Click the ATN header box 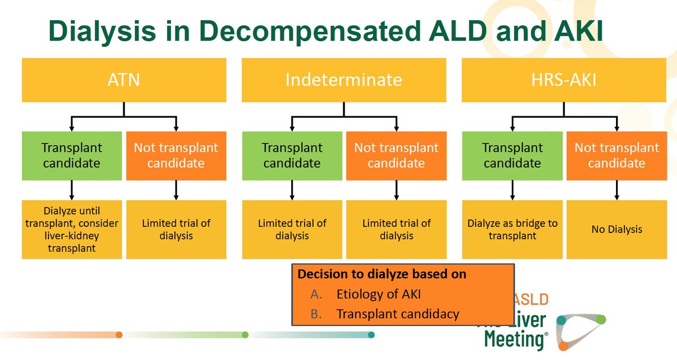(x=124, y=80)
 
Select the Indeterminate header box (x=344, y=80)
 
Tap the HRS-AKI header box (x=564, y=80)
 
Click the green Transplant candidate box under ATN (x=72, y=156)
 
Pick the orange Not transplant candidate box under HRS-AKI (x=617, y=156)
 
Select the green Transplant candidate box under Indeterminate (x=292, y=156)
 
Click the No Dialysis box (x=617, y=230)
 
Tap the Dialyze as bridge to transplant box (x=512, y=230)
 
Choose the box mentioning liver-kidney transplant (x=72, y=230)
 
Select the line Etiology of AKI (x=379, y=294)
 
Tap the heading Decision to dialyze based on (x=382, y=274)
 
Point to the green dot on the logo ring (x=601, y=319)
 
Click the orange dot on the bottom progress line (x=119, y=335)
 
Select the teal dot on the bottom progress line (x=371, y=335)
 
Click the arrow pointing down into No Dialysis (x=617, y=190)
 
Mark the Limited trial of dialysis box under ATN (x=176, y=230)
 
